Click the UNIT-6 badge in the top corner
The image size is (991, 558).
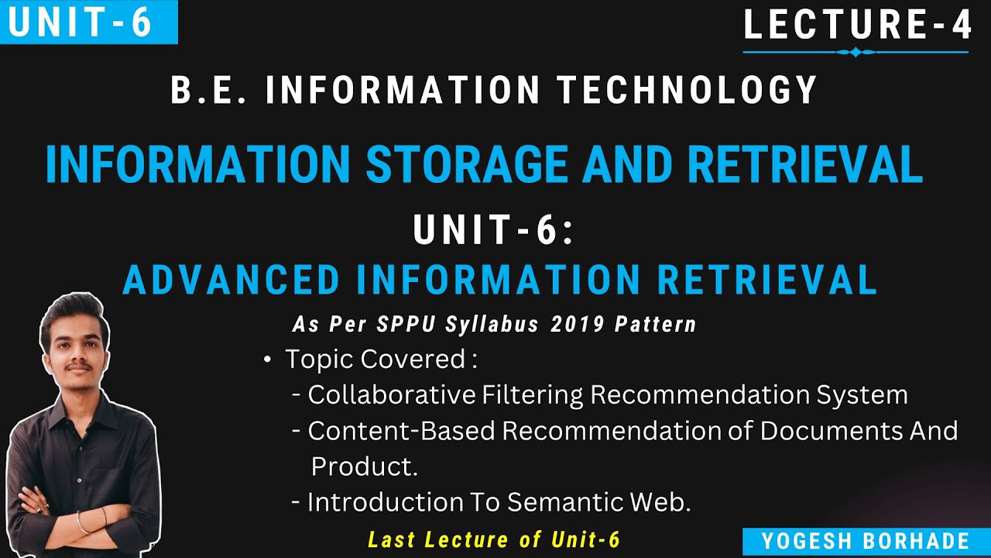tap(81, 22)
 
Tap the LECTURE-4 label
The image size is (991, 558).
tap(857, 24)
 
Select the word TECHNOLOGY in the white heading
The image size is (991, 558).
tap(688, 90)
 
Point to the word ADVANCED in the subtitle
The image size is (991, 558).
tap(231, 281)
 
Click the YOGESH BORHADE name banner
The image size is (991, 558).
tap(865, 541)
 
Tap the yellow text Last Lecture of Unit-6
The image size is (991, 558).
tap(494, 539)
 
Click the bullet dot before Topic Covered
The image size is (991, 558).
tap(268, 360)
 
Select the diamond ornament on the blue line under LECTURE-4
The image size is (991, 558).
tap(856, 53)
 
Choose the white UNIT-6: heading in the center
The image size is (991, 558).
tap(494, 231)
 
